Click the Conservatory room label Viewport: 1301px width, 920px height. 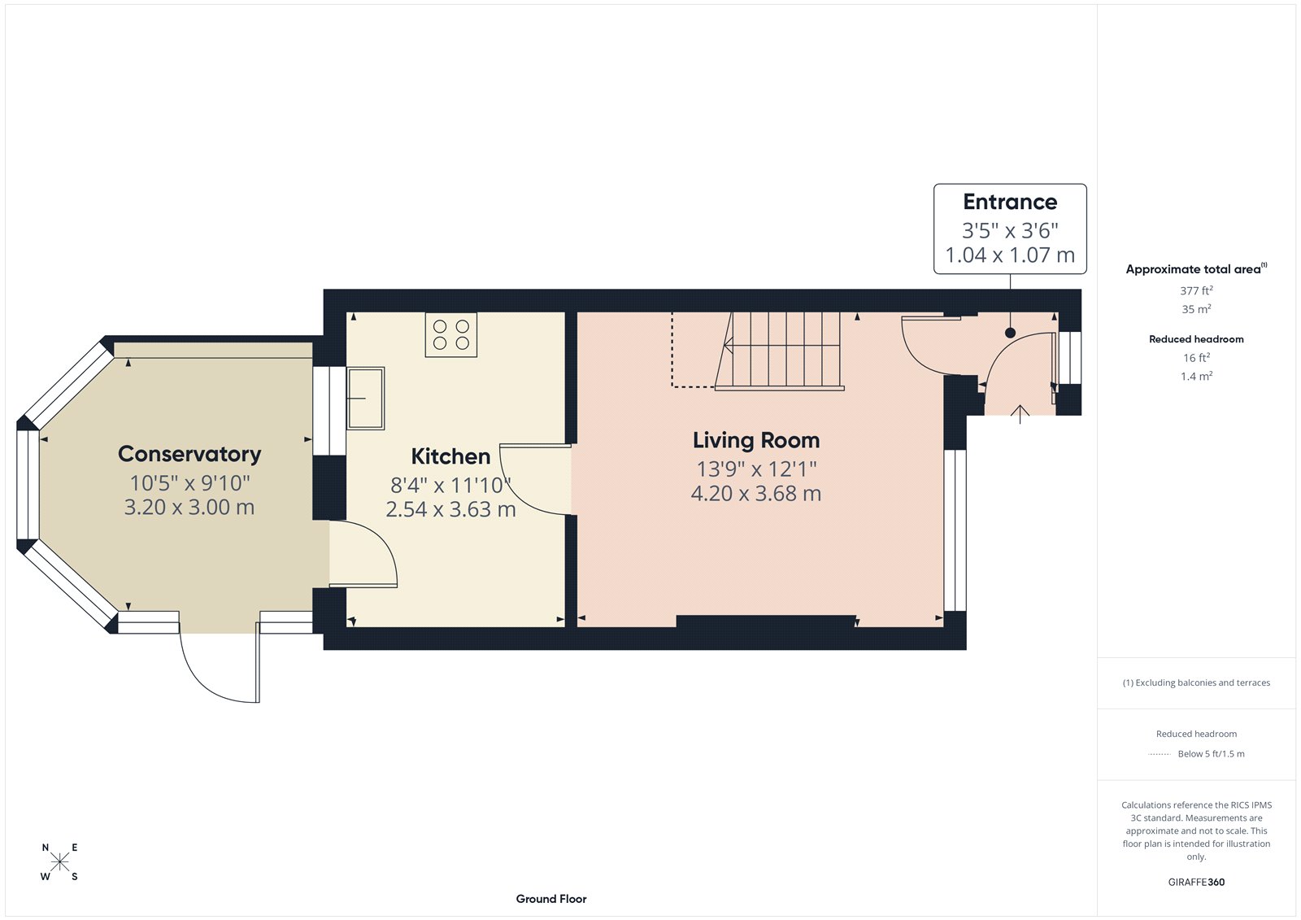[189, 454]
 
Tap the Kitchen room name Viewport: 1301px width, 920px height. [450, 456]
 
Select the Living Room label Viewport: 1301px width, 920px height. [755, 440]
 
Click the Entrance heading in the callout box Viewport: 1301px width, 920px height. [1010, 202]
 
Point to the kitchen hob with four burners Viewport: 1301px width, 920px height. [451, 334]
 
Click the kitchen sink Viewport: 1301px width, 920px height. [366, 398]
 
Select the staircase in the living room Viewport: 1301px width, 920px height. [781, 351]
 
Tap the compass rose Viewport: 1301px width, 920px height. [60, 862]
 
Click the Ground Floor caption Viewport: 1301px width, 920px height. [550, 899]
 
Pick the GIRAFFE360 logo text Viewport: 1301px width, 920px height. [1196, 882]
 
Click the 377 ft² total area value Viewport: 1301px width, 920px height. [1196, 290]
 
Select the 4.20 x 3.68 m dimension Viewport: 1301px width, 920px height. [755, 494]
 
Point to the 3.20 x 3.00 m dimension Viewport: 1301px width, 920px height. [189, 508]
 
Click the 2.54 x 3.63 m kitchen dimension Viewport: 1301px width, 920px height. [450, 510]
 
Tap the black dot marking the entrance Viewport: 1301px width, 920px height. [1010, 333]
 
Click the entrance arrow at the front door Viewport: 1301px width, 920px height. [1020, 413]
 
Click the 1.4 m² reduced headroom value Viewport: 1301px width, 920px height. [1196, 376]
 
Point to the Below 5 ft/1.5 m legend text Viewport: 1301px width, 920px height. [1211, 754]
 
